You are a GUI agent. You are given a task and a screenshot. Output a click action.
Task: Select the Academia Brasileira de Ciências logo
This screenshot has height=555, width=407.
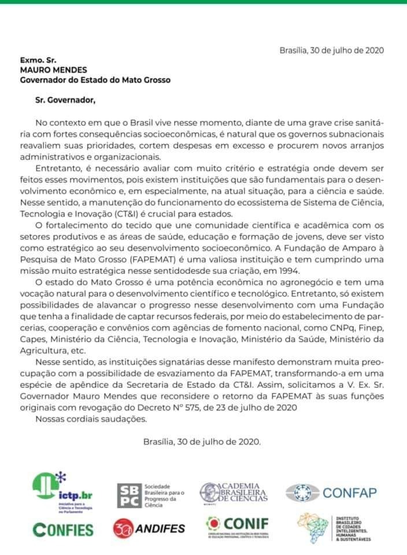coord(234,492)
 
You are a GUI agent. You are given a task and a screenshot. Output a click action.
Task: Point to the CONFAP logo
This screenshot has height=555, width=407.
coord(331,493)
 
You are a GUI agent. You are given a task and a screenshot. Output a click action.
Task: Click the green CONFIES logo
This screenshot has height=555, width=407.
coord(63,529)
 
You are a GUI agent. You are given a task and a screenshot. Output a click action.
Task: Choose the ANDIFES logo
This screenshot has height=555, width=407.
coord(151,528)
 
